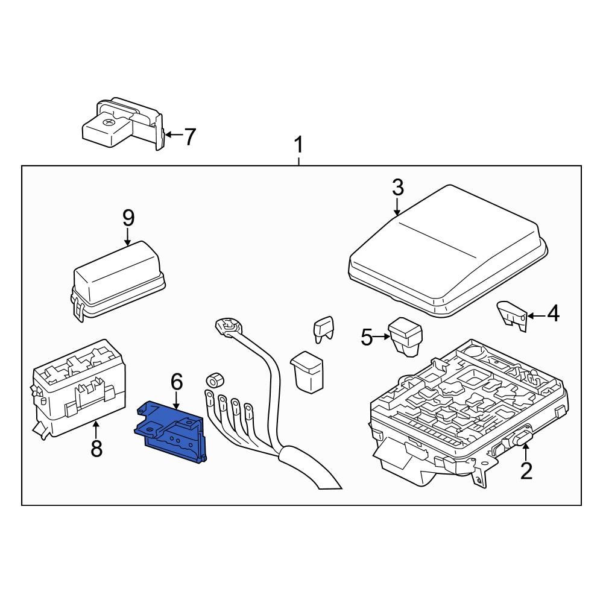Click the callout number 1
point(298,147)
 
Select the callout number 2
point(526,470)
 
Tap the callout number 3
point(397,188)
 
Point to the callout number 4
point(552,314)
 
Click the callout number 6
point(176,381)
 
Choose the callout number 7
point(189,137)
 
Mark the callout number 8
point(96,448)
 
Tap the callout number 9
point(128,218)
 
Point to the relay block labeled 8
point(78,386)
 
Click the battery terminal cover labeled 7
point(124,124)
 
